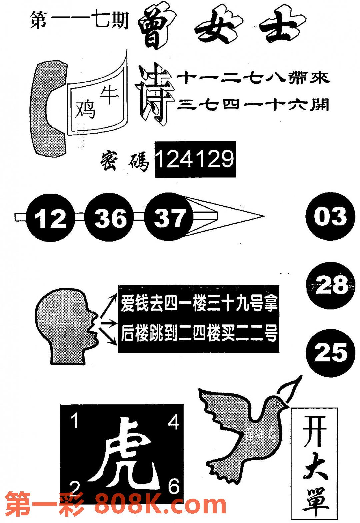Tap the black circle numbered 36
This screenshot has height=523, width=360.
click(110, 218)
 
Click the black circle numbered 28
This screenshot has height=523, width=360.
click(330, 286)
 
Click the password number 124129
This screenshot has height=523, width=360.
click(195, 159)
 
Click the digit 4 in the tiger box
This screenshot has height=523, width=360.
click(173, 422)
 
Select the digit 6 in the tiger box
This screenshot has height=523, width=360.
click(173, 487)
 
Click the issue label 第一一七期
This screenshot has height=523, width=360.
click(79, 21)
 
